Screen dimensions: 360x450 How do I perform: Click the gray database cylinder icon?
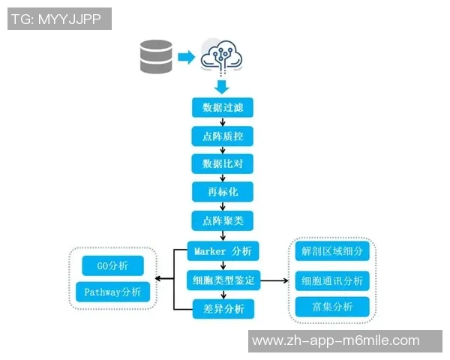(x=155, y=57)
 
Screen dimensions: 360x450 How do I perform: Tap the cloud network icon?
(x=223, y=54)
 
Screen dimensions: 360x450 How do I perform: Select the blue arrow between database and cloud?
(x=186, y=56)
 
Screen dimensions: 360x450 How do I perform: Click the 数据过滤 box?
(x=223, y=107)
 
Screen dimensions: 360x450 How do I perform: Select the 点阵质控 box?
(x=223, y=136)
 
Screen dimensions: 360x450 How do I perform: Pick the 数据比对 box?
(x=223, y=163)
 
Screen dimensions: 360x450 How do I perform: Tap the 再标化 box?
(x=223, y=192)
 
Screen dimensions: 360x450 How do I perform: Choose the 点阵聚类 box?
(x=223, y=220)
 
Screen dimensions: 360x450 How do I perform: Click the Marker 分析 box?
(x=223, y=251)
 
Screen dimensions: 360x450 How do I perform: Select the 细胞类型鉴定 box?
(x=223, y=280)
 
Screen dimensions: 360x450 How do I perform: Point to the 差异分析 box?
(x=223, y=308)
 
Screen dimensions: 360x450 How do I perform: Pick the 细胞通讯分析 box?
(x=332, y=280)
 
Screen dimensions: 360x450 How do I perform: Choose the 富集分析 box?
(x=332, y=306)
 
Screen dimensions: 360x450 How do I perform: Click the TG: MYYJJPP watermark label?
(x=59, y=19)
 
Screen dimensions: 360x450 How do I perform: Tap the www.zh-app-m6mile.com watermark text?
(x=335, y=341)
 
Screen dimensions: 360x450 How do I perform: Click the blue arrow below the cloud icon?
(x=223, y=85)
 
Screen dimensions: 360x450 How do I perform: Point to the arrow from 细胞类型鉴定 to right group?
(x=274, y=280)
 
